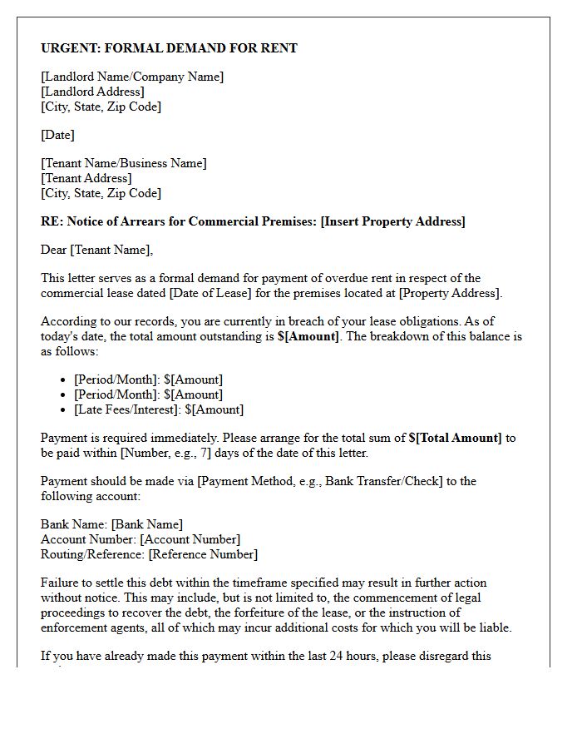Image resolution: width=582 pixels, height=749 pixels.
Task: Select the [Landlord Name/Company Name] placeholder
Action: click(132, 77)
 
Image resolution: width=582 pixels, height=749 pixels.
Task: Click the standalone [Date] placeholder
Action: click(57, 135)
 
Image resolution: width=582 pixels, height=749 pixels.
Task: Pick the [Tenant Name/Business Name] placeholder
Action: click(124, 163)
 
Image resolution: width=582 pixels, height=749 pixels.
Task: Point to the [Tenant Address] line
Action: click(86, 178)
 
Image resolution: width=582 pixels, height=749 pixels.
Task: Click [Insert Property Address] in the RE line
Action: click(392, 221)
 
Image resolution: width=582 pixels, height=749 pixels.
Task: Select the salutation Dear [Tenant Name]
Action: click(96, 250)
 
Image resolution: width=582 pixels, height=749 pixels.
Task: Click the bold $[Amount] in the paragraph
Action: click(308, 336)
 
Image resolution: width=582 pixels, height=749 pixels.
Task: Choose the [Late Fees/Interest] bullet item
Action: click(159, 409)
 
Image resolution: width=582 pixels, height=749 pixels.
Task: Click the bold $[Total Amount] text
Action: click(455, 438)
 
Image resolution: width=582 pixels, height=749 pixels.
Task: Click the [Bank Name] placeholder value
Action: click(146, 524)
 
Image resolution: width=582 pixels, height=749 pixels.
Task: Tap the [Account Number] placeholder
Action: click(190, 539)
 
